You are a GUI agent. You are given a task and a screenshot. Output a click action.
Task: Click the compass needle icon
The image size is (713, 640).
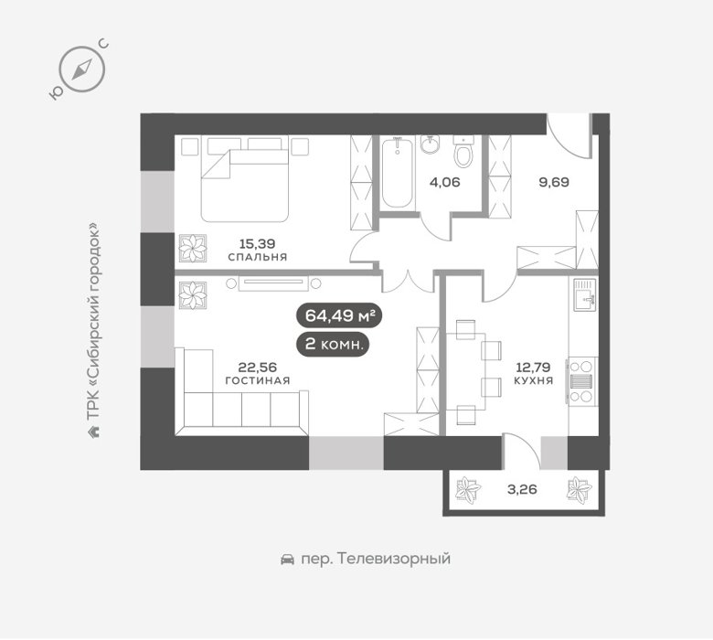click(82, 69)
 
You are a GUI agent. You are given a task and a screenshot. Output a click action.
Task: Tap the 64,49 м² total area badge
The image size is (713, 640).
click(339, 315)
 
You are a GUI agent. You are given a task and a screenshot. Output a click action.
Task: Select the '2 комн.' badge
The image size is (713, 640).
click(333, 345)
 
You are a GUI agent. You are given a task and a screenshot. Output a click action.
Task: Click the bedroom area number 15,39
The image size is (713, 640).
click(258, 244)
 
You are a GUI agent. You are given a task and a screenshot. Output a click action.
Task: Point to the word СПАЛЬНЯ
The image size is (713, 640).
click(258, 258)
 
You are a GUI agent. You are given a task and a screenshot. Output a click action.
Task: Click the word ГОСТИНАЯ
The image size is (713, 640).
click(258, 380)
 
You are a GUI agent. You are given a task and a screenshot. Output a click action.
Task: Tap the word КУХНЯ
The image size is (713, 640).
click(534, 380)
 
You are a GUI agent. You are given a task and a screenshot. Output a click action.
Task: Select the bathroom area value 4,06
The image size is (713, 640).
click(445, 183)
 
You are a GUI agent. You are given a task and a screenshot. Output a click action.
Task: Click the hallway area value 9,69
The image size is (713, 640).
click(554, 183)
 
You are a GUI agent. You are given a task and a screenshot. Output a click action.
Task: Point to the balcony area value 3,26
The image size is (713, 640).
click(522, 490)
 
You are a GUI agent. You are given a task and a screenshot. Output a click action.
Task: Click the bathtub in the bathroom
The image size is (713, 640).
click(398, 174)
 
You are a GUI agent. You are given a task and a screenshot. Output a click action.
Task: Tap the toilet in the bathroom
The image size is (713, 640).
click(463, 152)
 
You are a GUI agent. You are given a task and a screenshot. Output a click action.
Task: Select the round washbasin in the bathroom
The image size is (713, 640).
click(430, 145)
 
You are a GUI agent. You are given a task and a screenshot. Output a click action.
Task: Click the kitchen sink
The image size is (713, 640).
click(585, 294)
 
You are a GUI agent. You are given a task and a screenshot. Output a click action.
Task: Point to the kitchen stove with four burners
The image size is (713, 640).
click(583, 380)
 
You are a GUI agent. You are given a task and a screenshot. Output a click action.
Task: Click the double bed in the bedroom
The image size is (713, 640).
click(245, 179)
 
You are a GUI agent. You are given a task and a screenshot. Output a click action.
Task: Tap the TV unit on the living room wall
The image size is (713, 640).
click(273, 283)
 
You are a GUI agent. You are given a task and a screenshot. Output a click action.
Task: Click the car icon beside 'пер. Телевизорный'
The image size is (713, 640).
click(287, 559)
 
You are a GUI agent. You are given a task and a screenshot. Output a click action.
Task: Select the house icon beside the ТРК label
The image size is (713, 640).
click(93, 432)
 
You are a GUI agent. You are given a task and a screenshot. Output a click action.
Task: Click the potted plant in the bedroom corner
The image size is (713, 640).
click(193, 249)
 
